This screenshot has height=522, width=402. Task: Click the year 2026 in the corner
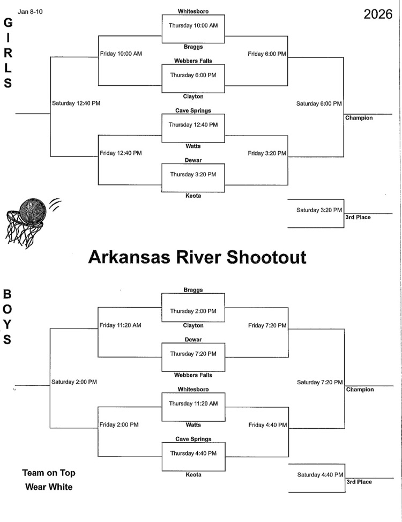(378, 14)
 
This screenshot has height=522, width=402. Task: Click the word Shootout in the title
(267, 257)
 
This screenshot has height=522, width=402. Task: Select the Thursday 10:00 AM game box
(193, 25)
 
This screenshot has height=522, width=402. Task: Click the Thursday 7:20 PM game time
(193, 354)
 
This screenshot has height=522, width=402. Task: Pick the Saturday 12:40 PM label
(76, 103)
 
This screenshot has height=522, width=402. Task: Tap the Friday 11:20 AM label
(121, 325)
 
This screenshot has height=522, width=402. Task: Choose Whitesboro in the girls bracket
(193, 11)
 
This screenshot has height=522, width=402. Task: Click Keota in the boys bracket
(193, 475)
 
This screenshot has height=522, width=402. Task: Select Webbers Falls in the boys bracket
(193, 375)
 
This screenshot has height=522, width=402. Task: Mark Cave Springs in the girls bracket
(193, 110)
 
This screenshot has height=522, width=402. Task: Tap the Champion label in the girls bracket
(359, 118)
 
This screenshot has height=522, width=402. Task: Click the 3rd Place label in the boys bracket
(359, 482)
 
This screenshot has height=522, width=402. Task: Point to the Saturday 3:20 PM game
(319, 210)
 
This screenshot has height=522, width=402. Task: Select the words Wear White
(49, 487)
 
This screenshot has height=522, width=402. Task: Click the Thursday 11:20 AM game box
(193, 404)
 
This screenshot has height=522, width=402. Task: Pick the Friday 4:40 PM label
(267, 425)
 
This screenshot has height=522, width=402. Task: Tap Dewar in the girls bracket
(193, 160)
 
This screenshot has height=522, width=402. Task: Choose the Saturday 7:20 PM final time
(319, 382)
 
